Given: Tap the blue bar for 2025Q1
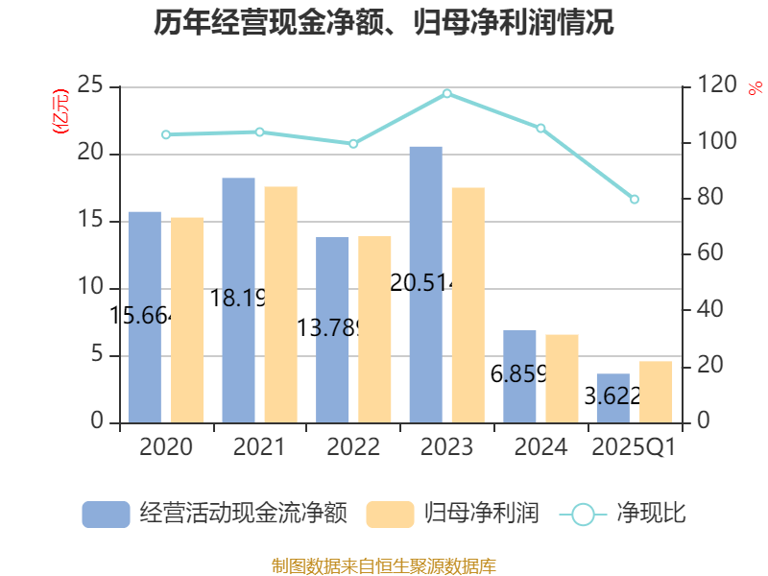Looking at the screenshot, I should coord(612,397).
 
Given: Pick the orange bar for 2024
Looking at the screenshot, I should coord(562,378).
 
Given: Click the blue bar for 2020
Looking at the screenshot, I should coord(145,317).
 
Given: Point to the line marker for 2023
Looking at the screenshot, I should coord(447,93).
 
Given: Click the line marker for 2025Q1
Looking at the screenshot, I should coord(635,199).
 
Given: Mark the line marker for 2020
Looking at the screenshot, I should coord(166,134).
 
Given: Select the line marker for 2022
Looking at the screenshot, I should coord(353,144).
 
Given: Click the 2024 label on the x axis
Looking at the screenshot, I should coord(540,447).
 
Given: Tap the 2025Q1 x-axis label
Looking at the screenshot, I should coord(634,447).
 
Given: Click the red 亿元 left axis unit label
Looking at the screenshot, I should coord(60,110).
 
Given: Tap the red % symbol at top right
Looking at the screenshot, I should coord(755,89).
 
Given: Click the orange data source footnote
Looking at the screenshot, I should coord(384,565).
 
